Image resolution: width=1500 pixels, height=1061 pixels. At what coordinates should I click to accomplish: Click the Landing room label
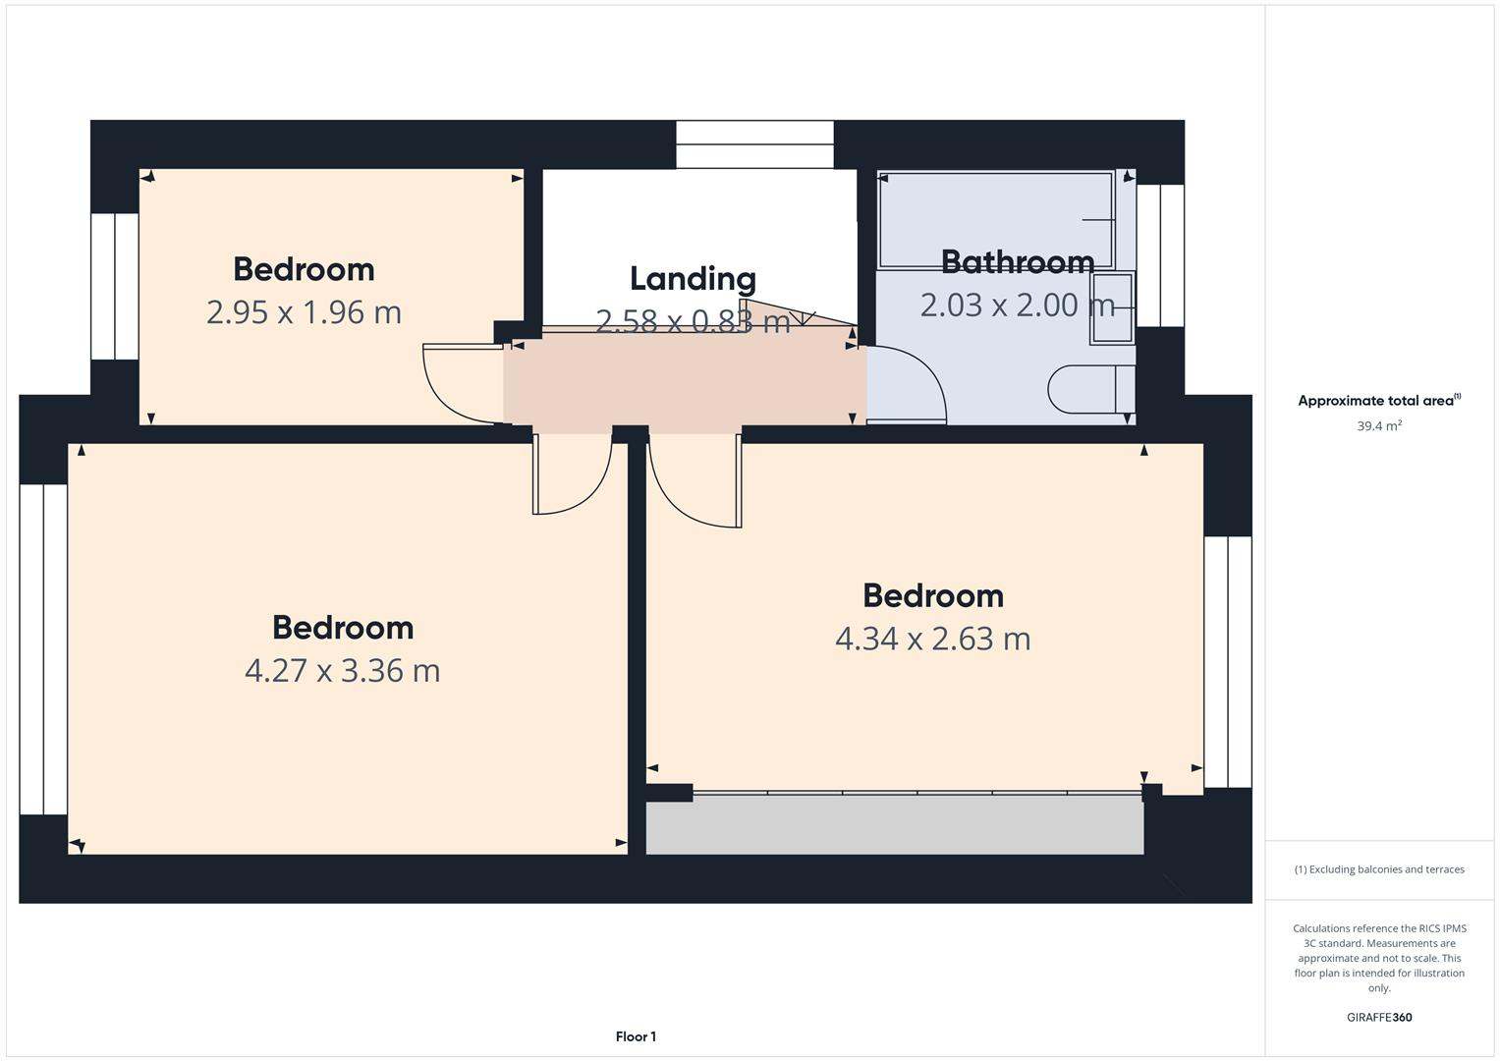pos(693,279)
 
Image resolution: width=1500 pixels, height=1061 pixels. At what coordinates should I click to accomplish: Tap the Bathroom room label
pos(1017,262)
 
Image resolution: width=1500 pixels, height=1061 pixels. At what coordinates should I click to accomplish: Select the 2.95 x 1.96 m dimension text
pos(304,312)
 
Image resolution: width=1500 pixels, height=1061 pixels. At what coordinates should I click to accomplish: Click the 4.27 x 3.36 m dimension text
pos(342,670)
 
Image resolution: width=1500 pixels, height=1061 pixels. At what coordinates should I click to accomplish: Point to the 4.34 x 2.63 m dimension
pos(932,639)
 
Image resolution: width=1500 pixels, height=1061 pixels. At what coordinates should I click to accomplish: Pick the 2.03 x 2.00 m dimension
pos(1017,306)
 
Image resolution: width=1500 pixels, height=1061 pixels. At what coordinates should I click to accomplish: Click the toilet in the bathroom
pos(1090,389)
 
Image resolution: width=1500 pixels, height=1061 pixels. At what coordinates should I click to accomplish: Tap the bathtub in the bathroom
pos(996,220)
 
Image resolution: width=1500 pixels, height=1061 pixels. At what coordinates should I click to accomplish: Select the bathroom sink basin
pos(1111,307)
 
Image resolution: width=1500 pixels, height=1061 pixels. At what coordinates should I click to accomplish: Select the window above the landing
pos(754,144)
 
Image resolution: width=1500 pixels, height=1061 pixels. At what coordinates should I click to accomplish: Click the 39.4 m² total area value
pos(1379,426)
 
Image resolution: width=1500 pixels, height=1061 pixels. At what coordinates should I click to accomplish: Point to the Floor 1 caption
pos(636,1036)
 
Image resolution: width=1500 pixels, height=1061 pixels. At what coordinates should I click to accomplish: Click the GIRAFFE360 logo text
pos(1379,1017)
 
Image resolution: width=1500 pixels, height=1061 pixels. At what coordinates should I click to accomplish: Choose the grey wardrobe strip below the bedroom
pos(894,825)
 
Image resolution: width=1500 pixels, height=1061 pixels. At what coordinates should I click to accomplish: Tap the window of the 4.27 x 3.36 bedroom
pos(43,648)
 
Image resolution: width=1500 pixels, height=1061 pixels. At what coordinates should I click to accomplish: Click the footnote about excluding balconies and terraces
pos(1379,869)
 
